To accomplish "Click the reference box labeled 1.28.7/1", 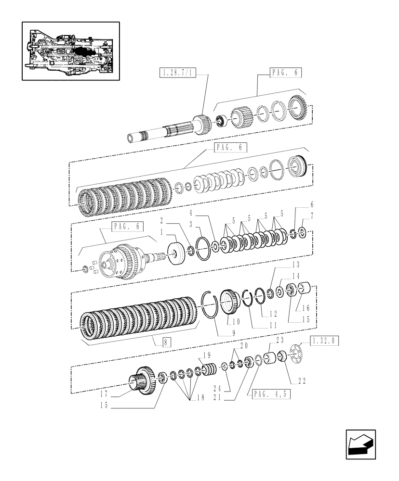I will (x=176, y=74).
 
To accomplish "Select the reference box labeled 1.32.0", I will (x=325, y=341).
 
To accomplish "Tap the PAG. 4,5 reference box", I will (x=270, y=394).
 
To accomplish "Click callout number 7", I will (x=311, y=217).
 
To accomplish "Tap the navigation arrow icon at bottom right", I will (x=360, y=444).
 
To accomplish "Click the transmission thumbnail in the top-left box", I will (x=70, y=51).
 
